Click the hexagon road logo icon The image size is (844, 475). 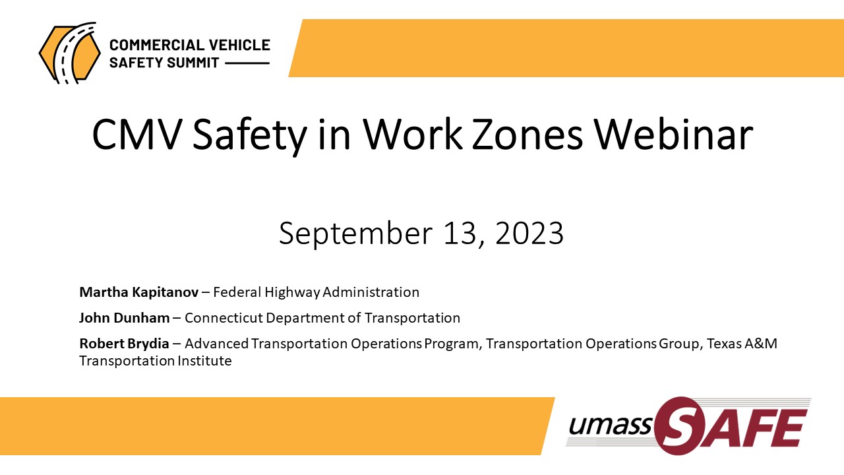coord(69,52)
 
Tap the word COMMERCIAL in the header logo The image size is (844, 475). coord(157,46)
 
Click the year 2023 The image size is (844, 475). coord(529,233)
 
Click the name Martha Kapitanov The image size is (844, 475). coord(138,292)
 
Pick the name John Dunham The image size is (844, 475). coord(124,318)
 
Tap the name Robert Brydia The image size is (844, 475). coord(128,344)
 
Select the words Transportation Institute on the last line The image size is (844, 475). coord(156,361)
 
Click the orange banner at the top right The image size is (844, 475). coord(567,48)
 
